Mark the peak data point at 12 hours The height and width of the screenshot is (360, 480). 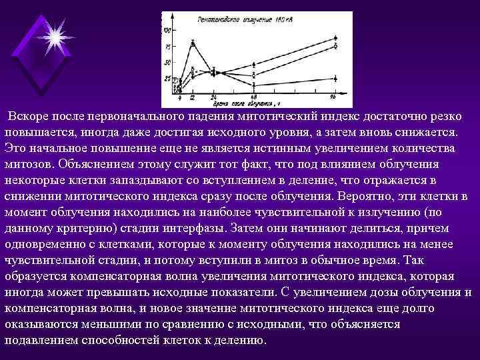pyautogui.click(x=193, y=43)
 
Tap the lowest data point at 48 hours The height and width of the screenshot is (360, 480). pyautogui.click(x=253, y=84)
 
